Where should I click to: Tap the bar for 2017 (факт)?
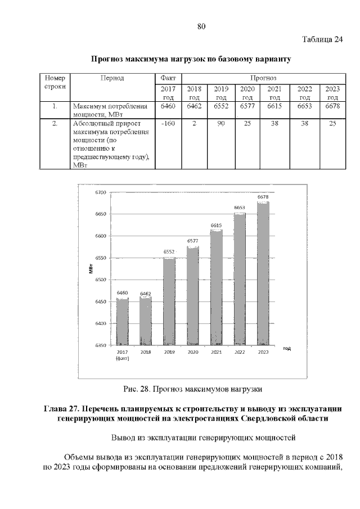coord(123,321)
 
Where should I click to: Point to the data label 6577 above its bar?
coord(193,241)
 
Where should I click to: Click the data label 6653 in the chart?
coord(240,208)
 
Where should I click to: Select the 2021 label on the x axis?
coord(216,352)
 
